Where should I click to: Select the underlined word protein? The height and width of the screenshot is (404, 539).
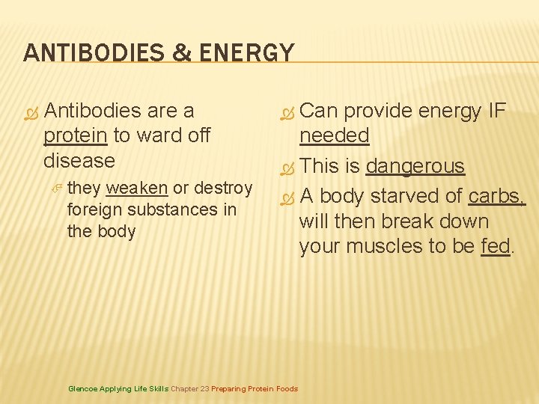pyautogui.click(x=76, y=135)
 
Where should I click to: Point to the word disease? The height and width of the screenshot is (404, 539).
pyautogui.click(x=79, y=160)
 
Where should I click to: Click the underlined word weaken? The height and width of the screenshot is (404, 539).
pyautogui.click(x=137, y=188)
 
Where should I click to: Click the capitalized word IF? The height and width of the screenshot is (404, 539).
pyautogui.click(x=496, y=111)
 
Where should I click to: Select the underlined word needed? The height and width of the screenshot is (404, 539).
pyautogui.click(x=334, y=135)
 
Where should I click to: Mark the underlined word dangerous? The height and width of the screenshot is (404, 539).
pyautogui.click(x=415, y=166)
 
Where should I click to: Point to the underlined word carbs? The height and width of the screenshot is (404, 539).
pyautogui.click(x=496, y=197)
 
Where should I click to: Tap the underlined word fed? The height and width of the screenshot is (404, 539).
pyautogui.click(x=496, y=246)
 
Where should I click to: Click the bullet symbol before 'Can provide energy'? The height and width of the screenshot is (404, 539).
pyautogui.click(x=285, y=112)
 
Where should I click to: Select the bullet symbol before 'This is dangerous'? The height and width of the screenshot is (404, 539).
pyautogui.click(x=285, y=168)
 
